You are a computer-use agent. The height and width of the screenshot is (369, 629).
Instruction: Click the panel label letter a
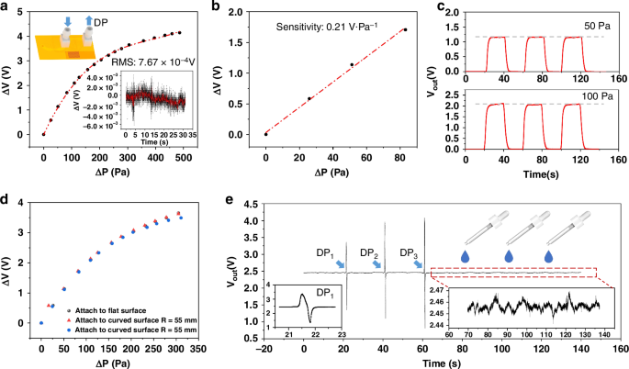[6, 7]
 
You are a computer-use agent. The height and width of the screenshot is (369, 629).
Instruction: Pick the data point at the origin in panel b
[265, 134]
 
